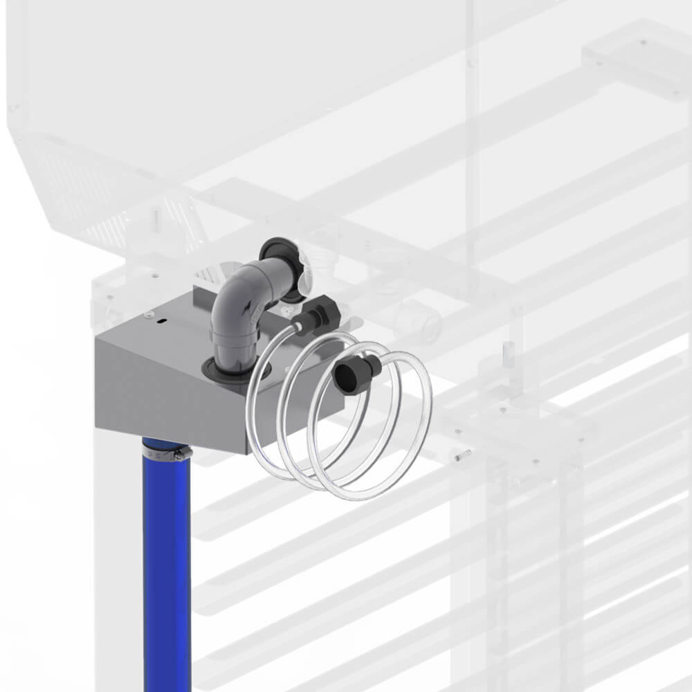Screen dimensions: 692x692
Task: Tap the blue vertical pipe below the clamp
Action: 167,567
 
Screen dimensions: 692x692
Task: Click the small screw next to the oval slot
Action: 148,316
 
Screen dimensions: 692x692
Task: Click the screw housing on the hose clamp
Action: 179,455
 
